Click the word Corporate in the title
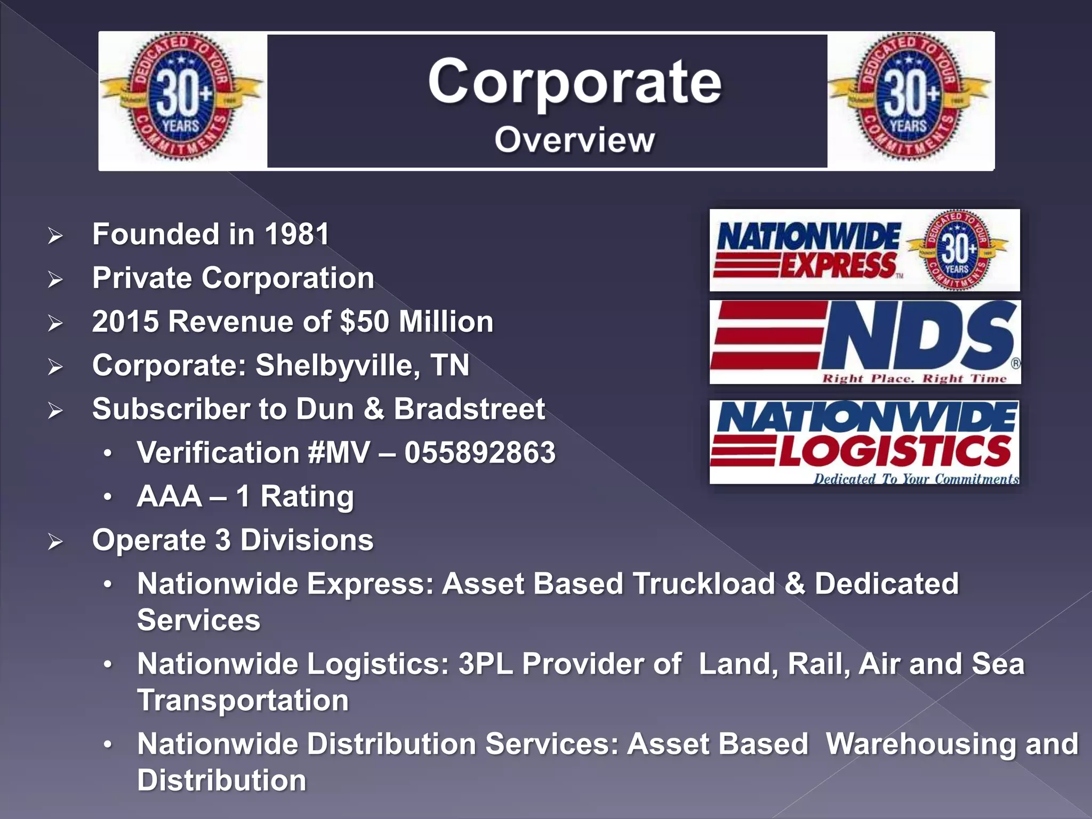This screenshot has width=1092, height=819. (x=574, y=82)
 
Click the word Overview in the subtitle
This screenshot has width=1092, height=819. (x=574, y=140)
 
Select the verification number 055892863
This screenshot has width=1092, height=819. (x=480, y=453)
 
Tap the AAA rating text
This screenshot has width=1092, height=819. (x=170, y=496)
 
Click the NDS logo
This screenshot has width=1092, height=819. (x=865, y=342)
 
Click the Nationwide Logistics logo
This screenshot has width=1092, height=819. (x=865, y=442)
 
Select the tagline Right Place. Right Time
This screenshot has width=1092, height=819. (x=914, y=378)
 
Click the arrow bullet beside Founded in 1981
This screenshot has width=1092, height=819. (x=55, y=235)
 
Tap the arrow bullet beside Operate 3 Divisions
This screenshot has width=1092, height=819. (x=55, y=541)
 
